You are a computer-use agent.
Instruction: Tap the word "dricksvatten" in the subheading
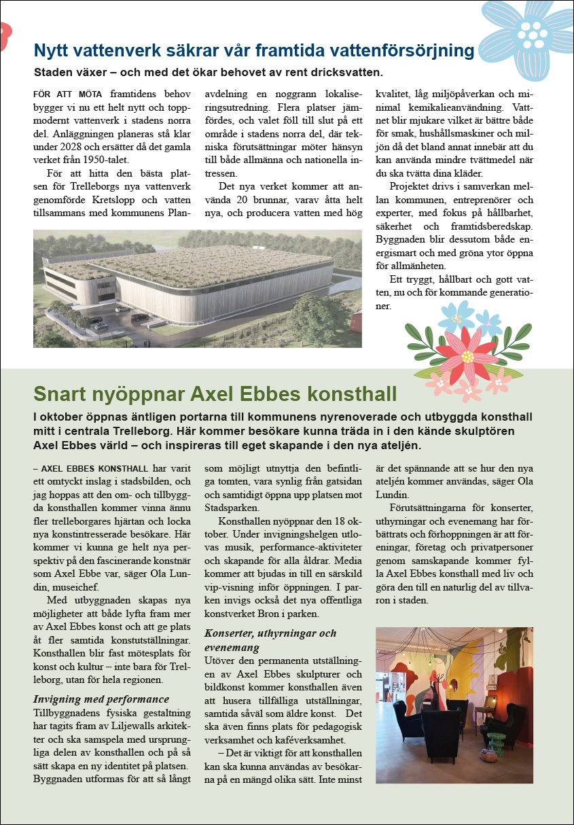click(346, 71)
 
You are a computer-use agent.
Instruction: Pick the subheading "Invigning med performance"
click(101, 699)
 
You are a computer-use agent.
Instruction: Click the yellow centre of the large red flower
click(467, 356)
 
